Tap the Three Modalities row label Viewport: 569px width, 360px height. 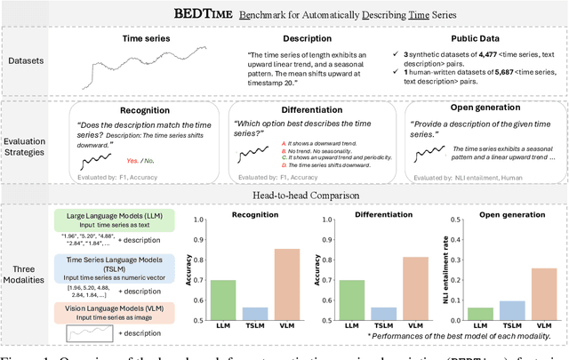[33, 275]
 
